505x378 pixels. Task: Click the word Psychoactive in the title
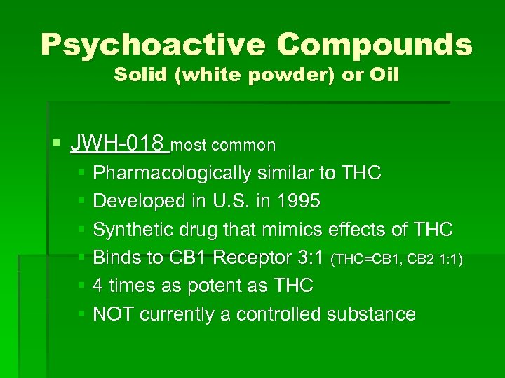tap(151, 45)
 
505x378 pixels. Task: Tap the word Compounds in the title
tap(375, 45)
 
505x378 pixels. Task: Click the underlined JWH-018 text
tap(119, 145)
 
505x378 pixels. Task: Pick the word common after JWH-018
tap(245, 146)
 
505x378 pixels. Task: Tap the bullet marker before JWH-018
tap(56, 146)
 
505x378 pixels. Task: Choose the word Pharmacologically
tap(175, 173)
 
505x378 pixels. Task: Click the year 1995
tap(297, 201)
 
